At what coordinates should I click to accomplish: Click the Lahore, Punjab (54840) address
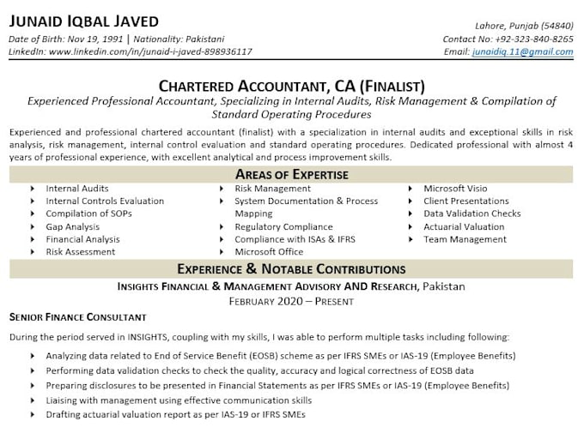point(524,27)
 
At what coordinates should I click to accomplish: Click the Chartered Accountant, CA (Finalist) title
point(291,86)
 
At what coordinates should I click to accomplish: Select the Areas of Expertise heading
point(291,174)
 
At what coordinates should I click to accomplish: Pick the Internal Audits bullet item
point(77,189)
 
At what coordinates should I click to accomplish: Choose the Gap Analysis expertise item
point(73,227)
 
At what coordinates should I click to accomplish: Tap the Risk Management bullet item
point(272,189)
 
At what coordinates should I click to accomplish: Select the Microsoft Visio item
point(455,189)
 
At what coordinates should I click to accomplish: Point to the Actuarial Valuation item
point(464,227)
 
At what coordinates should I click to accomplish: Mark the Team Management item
point(465,240)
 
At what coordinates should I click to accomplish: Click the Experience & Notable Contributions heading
point(291,269)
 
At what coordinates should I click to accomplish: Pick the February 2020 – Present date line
point(291,301)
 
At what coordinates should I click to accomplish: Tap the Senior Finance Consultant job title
point(77,317)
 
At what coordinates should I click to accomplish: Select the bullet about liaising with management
point(179,400)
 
